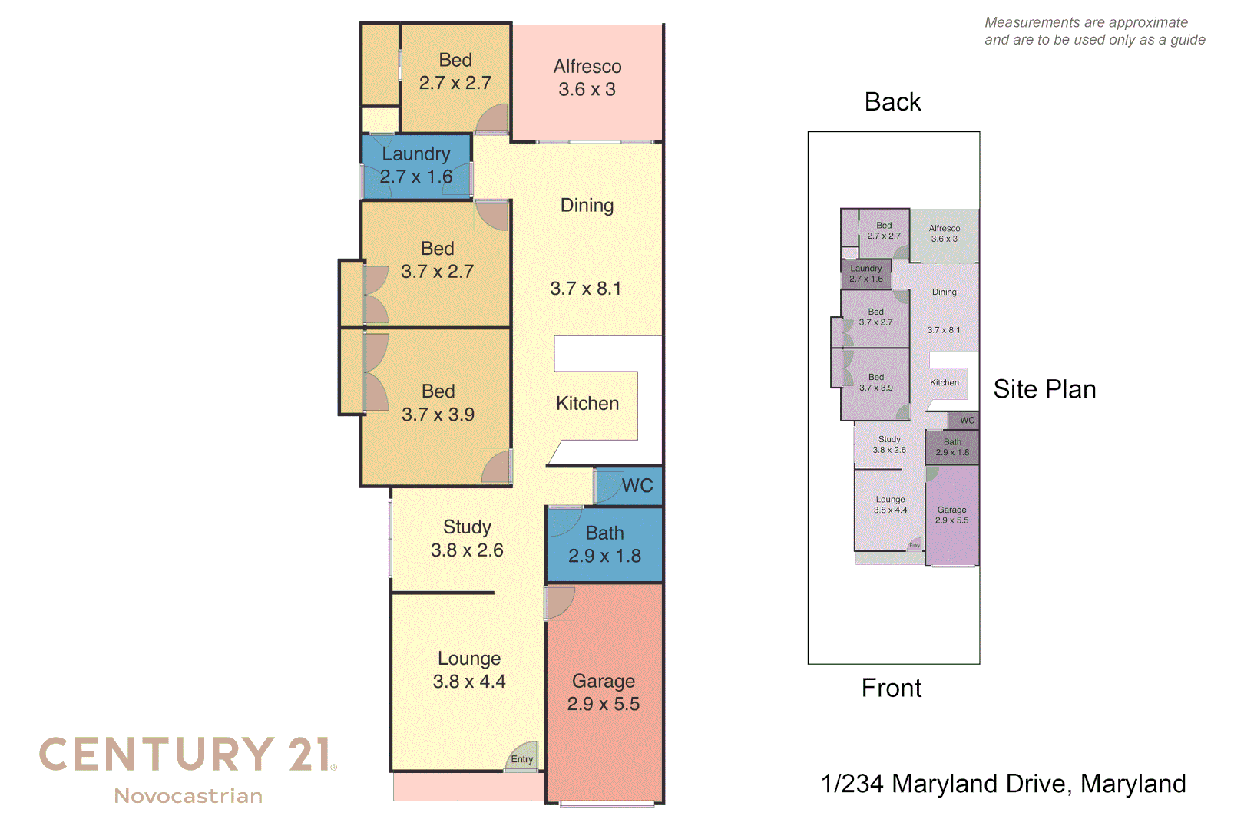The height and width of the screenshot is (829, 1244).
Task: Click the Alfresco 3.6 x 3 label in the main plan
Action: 587,78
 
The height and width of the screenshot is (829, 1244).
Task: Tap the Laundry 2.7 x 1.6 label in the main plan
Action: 416,166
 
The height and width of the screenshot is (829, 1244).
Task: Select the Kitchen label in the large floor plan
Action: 587,404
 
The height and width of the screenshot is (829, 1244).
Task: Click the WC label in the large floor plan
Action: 637,486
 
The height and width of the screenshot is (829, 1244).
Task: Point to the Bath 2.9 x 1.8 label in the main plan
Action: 604,544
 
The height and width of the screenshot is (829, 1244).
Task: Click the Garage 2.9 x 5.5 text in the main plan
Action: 604,692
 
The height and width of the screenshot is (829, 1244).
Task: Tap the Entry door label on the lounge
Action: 522,759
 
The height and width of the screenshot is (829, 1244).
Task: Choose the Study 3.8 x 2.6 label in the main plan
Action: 467,539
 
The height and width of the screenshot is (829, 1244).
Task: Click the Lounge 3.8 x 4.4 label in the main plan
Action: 469,670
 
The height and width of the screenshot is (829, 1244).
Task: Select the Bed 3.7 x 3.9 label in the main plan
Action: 438,403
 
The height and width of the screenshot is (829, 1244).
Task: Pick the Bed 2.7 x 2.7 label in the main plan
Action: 455,71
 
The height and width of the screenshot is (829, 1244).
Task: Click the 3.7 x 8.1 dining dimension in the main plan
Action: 585,289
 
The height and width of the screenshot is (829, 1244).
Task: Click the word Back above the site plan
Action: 892,102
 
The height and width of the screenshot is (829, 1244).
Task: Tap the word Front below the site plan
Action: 891,688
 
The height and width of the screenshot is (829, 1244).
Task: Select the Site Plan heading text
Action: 1044,389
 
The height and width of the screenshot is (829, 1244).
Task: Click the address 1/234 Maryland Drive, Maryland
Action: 1003,784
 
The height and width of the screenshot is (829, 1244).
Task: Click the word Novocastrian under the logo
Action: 188,796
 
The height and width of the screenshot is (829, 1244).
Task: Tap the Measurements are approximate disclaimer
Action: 1094,31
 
